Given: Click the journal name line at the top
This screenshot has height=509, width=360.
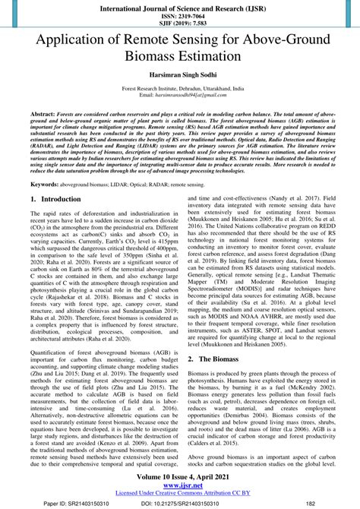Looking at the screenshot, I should point(180,6).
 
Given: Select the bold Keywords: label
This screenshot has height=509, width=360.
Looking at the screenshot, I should point(44,184).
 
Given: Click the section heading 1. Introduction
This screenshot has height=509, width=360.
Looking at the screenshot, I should point(57,198).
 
